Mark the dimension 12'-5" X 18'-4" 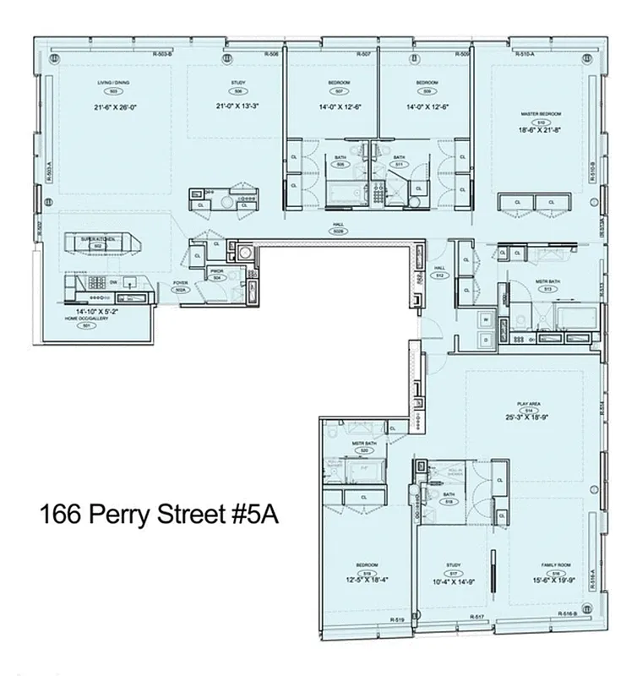point(367,579)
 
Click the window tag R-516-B point(567,613)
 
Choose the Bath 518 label point(449,498)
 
